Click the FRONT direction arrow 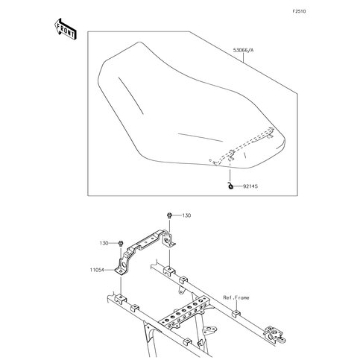point(65,29)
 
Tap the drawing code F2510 point(299,11)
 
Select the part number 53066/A point(243,50)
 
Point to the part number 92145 point(250,186)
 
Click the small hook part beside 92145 point(231,186)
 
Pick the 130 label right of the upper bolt point(186,215)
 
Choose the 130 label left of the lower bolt point(104,243)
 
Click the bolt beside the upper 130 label point(170,215)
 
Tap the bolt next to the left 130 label point(121,243)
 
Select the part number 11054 point(97,270)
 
